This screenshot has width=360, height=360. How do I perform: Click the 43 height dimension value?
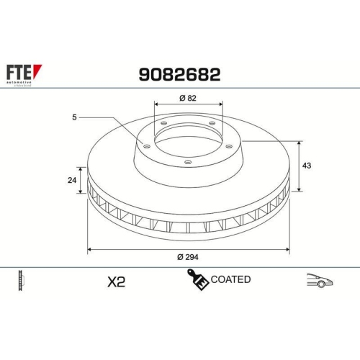[307, 166]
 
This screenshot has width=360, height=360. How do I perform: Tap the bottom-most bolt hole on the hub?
[187, 162]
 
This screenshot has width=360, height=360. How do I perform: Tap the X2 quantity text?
[115, 282]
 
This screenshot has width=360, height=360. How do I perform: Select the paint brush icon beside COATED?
[197, 279]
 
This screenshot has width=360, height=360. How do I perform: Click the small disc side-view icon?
[20, 281]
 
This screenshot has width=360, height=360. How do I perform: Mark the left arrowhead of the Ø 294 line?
[89, 250]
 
